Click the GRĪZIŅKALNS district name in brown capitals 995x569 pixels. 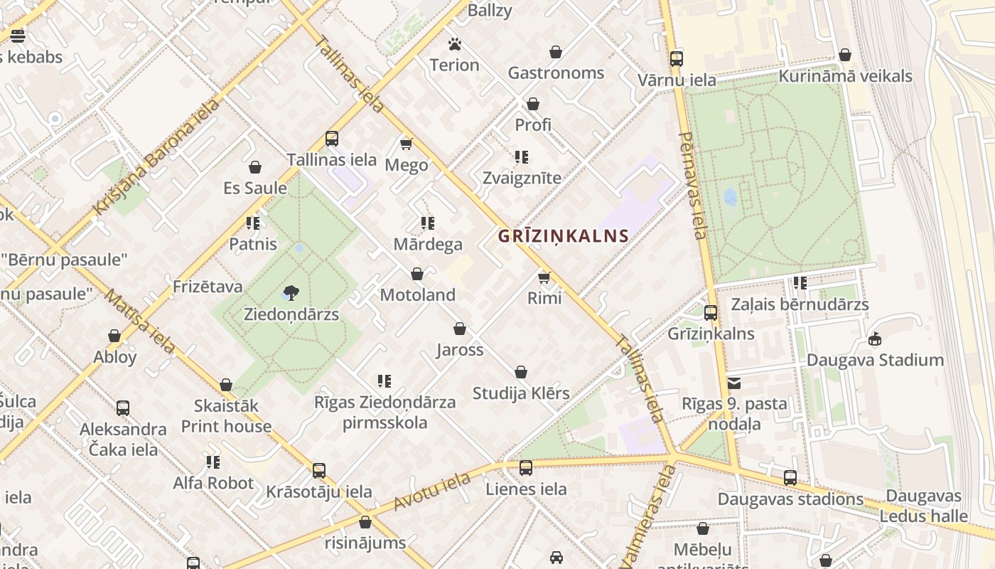coord(563,236)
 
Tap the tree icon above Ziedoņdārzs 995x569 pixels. coord(291,292)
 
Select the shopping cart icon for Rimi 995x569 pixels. coord(544,277)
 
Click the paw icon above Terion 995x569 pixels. coord(455,44)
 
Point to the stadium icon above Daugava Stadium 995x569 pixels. coord(875,339)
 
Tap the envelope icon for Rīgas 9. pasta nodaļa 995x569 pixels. coord(734,383)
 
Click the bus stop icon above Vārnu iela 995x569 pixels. coord(677,59)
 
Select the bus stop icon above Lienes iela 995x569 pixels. coord(526,468)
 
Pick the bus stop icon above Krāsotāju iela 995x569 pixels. coord(319,471)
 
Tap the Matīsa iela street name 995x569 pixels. coord(140,321)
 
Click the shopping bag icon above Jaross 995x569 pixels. coord(460,329)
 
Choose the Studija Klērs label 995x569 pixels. coord(521,393)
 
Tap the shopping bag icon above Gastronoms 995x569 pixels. coord(556,52)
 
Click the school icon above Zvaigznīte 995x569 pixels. coord(522,157)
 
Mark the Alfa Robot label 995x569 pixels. coord(213,483)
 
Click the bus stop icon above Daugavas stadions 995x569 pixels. coord(790,478)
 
